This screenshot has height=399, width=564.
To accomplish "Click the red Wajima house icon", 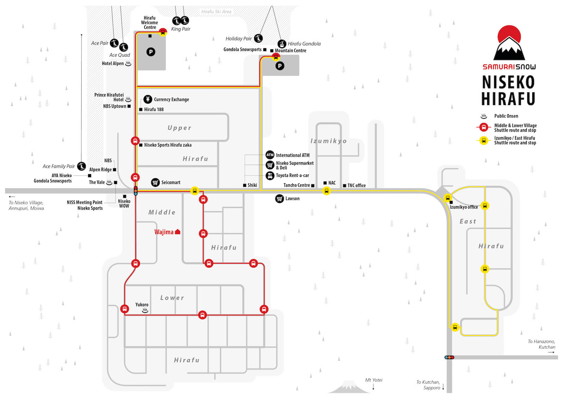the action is point(178,232).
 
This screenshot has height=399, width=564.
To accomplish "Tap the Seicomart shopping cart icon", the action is point(155,182).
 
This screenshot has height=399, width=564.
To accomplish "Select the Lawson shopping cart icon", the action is point(280,199).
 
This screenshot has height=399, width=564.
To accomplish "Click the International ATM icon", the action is point(270,155).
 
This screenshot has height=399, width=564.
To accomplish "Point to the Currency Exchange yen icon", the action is point(148,99).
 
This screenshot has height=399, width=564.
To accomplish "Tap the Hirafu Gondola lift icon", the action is point(282,44).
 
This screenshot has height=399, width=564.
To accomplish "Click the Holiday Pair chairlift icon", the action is point(258,38).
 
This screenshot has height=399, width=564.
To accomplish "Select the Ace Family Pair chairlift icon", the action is point(81,166).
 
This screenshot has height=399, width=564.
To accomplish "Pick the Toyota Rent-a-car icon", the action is point(270,176).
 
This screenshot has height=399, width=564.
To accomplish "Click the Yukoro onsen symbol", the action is point(145,311).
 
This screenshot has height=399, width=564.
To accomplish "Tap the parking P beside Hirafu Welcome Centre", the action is point(151,52).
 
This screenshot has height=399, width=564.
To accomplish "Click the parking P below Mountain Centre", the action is point(280,66).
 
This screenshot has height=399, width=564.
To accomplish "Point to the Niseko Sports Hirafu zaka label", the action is point(168,145).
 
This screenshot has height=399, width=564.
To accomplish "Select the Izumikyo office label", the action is point(464,207).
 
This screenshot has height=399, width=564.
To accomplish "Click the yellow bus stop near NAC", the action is point(326,191).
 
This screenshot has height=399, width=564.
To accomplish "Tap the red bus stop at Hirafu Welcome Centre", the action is point(163,32).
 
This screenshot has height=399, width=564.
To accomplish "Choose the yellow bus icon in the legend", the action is point(484,141).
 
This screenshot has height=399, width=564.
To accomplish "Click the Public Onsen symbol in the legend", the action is point(484,116).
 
